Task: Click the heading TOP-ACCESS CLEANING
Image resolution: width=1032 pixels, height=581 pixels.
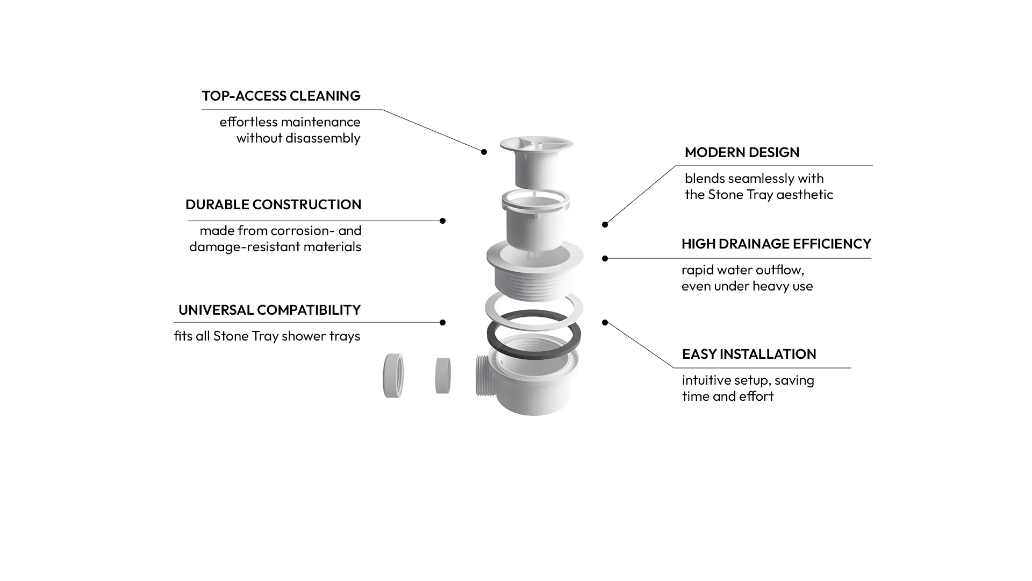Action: [281, 96]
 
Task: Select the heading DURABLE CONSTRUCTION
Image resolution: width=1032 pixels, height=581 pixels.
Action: [273, 205]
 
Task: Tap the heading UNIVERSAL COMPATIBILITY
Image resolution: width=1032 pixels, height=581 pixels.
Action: [269, 310]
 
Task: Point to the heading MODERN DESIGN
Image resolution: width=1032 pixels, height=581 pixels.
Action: [742, 153]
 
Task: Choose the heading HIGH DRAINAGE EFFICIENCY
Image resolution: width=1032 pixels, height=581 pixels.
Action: [776, 244]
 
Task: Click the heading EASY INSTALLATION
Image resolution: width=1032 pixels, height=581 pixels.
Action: [749, 355]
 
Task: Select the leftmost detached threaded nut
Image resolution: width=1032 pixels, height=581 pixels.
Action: [393, 375]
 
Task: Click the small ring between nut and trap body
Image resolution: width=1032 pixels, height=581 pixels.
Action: [443, 375]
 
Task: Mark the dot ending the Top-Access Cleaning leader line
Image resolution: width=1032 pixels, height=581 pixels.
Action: [484, 152]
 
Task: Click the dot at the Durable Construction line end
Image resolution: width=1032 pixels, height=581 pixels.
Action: [442, 221]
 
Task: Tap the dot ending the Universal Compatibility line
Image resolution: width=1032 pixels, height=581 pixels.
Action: [442, 323]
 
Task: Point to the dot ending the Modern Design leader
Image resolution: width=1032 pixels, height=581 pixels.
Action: [605, 225]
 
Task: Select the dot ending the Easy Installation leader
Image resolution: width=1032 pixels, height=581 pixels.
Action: [605, 323]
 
